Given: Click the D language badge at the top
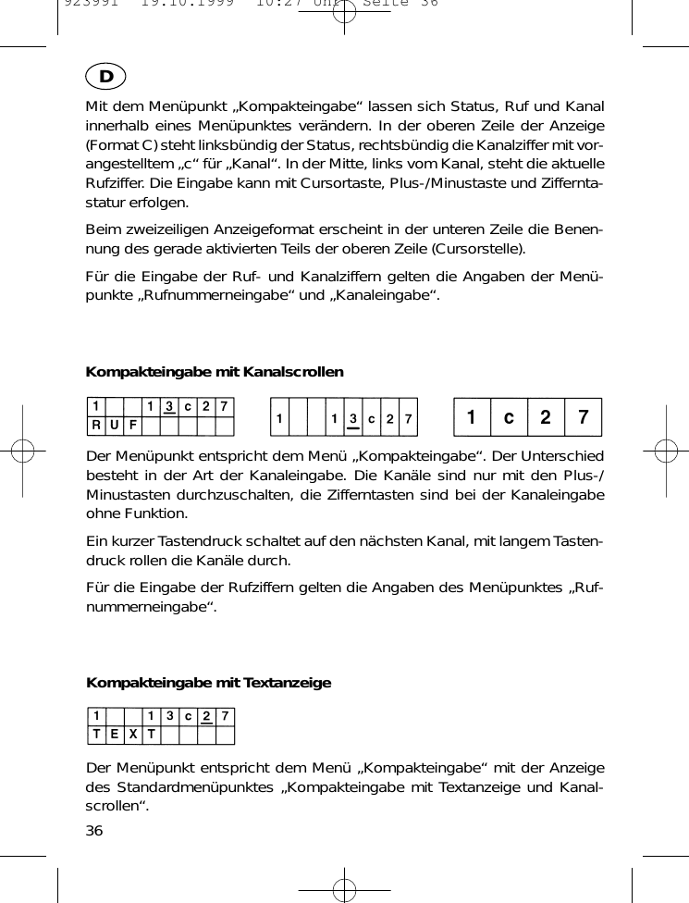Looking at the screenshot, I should (x=107, y=76).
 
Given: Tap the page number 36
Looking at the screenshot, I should (x=94, y=830).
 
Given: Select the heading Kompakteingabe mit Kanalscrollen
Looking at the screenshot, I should (x=215, y=372).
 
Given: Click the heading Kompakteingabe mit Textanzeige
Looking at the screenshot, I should (x=208, y=683).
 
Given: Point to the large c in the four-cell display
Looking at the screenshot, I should (x=509, y=417).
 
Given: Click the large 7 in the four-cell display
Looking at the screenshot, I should (x=583, y=417).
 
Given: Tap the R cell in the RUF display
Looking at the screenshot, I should (x=95, y=426).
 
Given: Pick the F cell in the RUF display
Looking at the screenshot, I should (x=133, y=426).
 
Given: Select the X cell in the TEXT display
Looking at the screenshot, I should (x=133, y=735).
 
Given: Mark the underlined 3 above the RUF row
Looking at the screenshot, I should (x=169, y=407).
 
